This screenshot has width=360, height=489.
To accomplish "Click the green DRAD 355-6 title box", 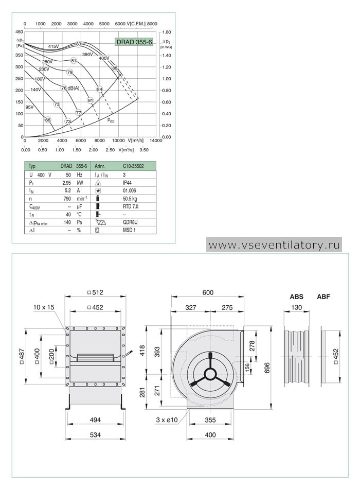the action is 134,42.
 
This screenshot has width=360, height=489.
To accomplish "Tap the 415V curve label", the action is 53,46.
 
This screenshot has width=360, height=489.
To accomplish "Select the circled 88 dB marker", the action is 115,68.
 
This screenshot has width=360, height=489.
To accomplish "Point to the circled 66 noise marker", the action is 48,120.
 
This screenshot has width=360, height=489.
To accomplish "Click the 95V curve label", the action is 29,107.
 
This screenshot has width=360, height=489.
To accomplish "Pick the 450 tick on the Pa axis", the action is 19,32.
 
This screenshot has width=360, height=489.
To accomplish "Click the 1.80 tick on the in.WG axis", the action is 167,32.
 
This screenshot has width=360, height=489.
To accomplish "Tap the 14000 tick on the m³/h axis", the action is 156,141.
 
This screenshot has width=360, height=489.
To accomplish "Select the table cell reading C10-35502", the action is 133,166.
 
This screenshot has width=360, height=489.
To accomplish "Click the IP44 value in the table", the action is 127,183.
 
